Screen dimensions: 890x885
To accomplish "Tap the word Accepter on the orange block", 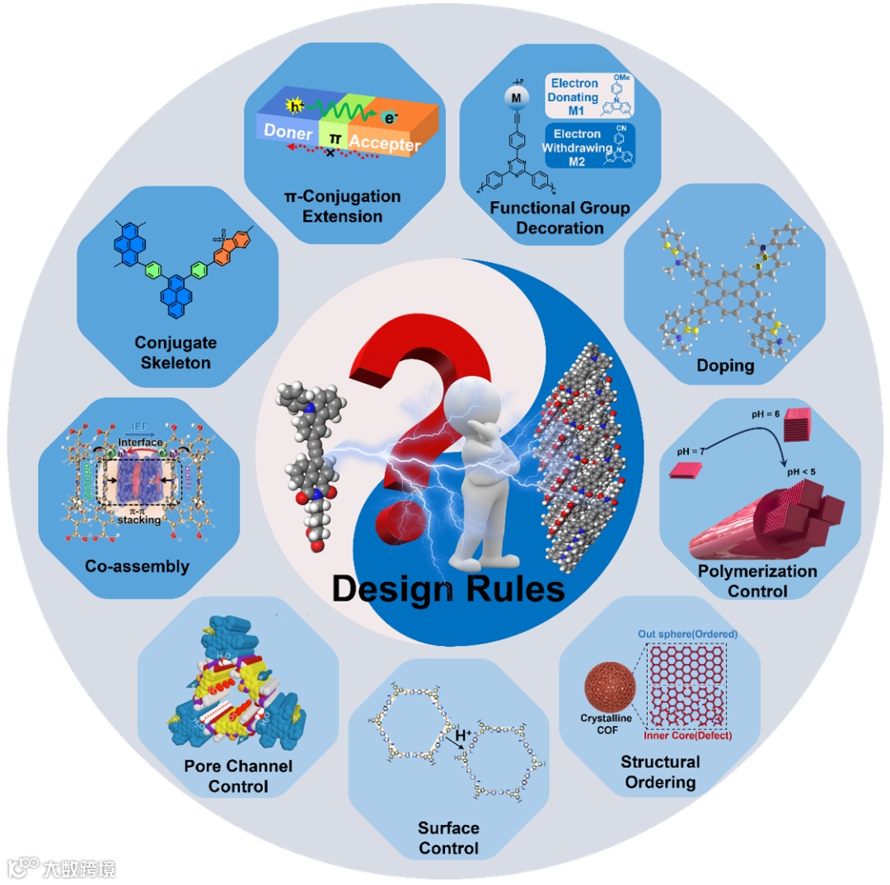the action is point(385,143).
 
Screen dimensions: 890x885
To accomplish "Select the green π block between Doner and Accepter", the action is point(335,137).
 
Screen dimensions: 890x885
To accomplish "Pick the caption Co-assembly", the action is point(137,566).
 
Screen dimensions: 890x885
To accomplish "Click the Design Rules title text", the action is point(448,590).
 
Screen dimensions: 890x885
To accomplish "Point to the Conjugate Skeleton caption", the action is point(173,352).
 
